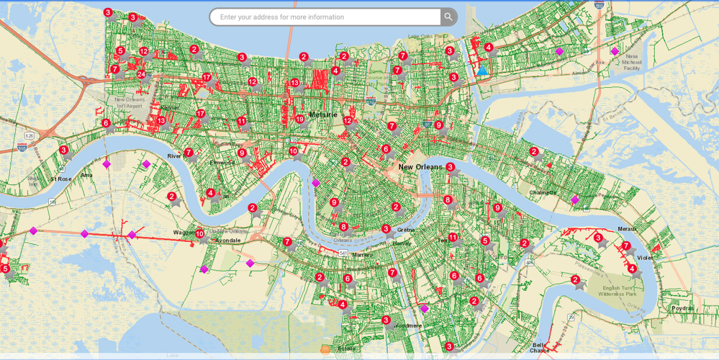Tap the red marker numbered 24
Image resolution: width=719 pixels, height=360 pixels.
[141, 74]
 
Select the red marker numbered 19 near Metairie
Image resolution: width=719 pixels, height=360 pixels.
[299, 120]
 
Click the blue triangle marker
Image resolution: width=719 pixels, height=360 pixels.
[482, 71]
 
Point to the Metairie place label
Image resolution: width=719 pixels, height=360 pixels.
[323, 114]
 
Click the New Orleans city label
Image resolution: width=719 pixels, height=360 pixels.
[420, 167]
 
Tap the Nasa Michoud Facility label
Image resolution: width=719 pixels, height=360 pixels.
[631, 62]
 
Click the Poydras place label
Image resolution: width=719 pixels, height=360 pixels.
[682, 308]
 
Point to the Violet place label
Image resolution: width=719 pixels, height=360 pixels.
[645, 258]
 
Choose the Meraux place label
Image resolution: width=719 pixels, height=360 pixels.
[626, 229]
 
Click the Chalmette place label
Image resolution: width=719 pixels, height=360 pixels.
[543, 192]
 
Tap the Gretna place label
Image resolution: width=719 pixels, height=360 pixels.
[406, 230]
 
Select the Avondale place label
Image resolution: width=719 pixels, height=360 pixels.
[227, 240]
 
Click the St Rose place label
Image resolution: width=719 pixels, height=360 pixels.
[60, 179]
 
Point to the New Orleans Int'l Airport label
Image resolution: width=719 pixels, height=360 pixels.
[129, 103]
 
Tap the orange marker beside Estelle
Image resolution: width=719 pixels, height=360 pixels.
[325, 349]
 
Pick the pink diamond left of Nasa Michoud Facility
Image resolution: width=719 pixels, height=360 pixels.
[559, 51]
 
